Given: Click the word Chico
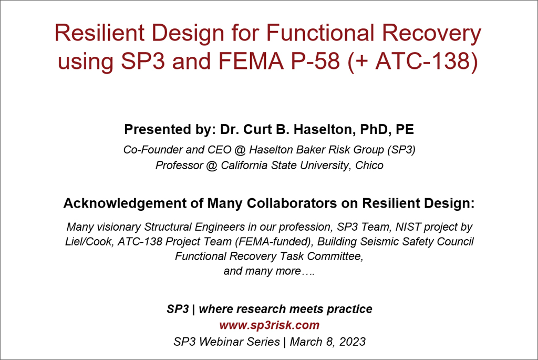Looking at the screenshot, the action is [x=369, y=166].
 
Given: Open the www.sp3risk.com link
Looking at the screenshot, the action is [x=270, y=325].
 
